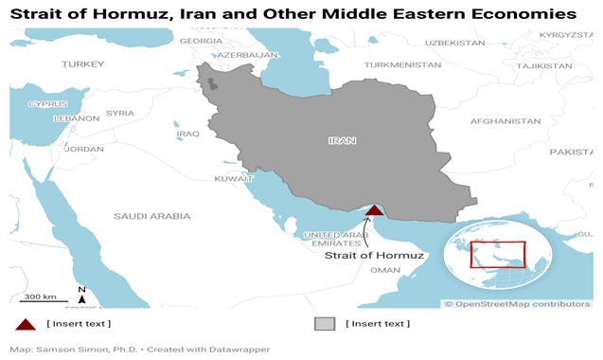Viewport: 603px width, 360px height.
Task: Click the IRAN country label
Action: coord(342,140)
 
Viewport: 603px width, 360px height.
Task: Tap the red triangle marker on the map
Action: coord(375,211)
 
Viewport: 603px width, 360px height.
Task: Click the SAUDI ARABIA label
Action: coord(151,216)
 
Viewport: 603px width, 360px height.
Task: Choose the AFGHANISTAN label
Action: coord(505,121)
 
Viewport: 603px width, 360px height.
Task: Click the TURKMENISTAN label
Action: coord(402,64)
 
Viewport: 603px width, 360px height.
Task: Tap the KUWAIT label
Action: coord(234,178)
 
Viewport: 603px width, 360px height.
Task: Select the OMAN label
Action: coord(385,270)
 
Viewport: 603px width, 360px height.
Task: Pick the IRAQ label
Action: coord(187,134)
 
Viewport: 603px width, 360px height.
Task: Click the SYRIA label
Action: coord(120,113)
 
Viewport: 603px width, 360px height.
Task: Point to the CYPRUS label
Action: coord(47,103)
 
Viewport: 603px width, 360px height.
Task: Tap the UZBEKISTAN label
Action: coord(454,43)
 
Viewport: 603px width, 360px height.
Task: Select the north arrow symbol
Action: coord(82,296)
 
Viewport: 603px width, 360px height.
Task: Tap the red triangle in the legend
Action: coord(25,324)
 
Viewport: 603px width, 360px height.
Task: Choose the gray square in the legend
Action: coord(325,324)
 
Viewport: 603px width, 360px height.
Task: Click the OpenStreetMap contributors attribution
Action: coord(517,303)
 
